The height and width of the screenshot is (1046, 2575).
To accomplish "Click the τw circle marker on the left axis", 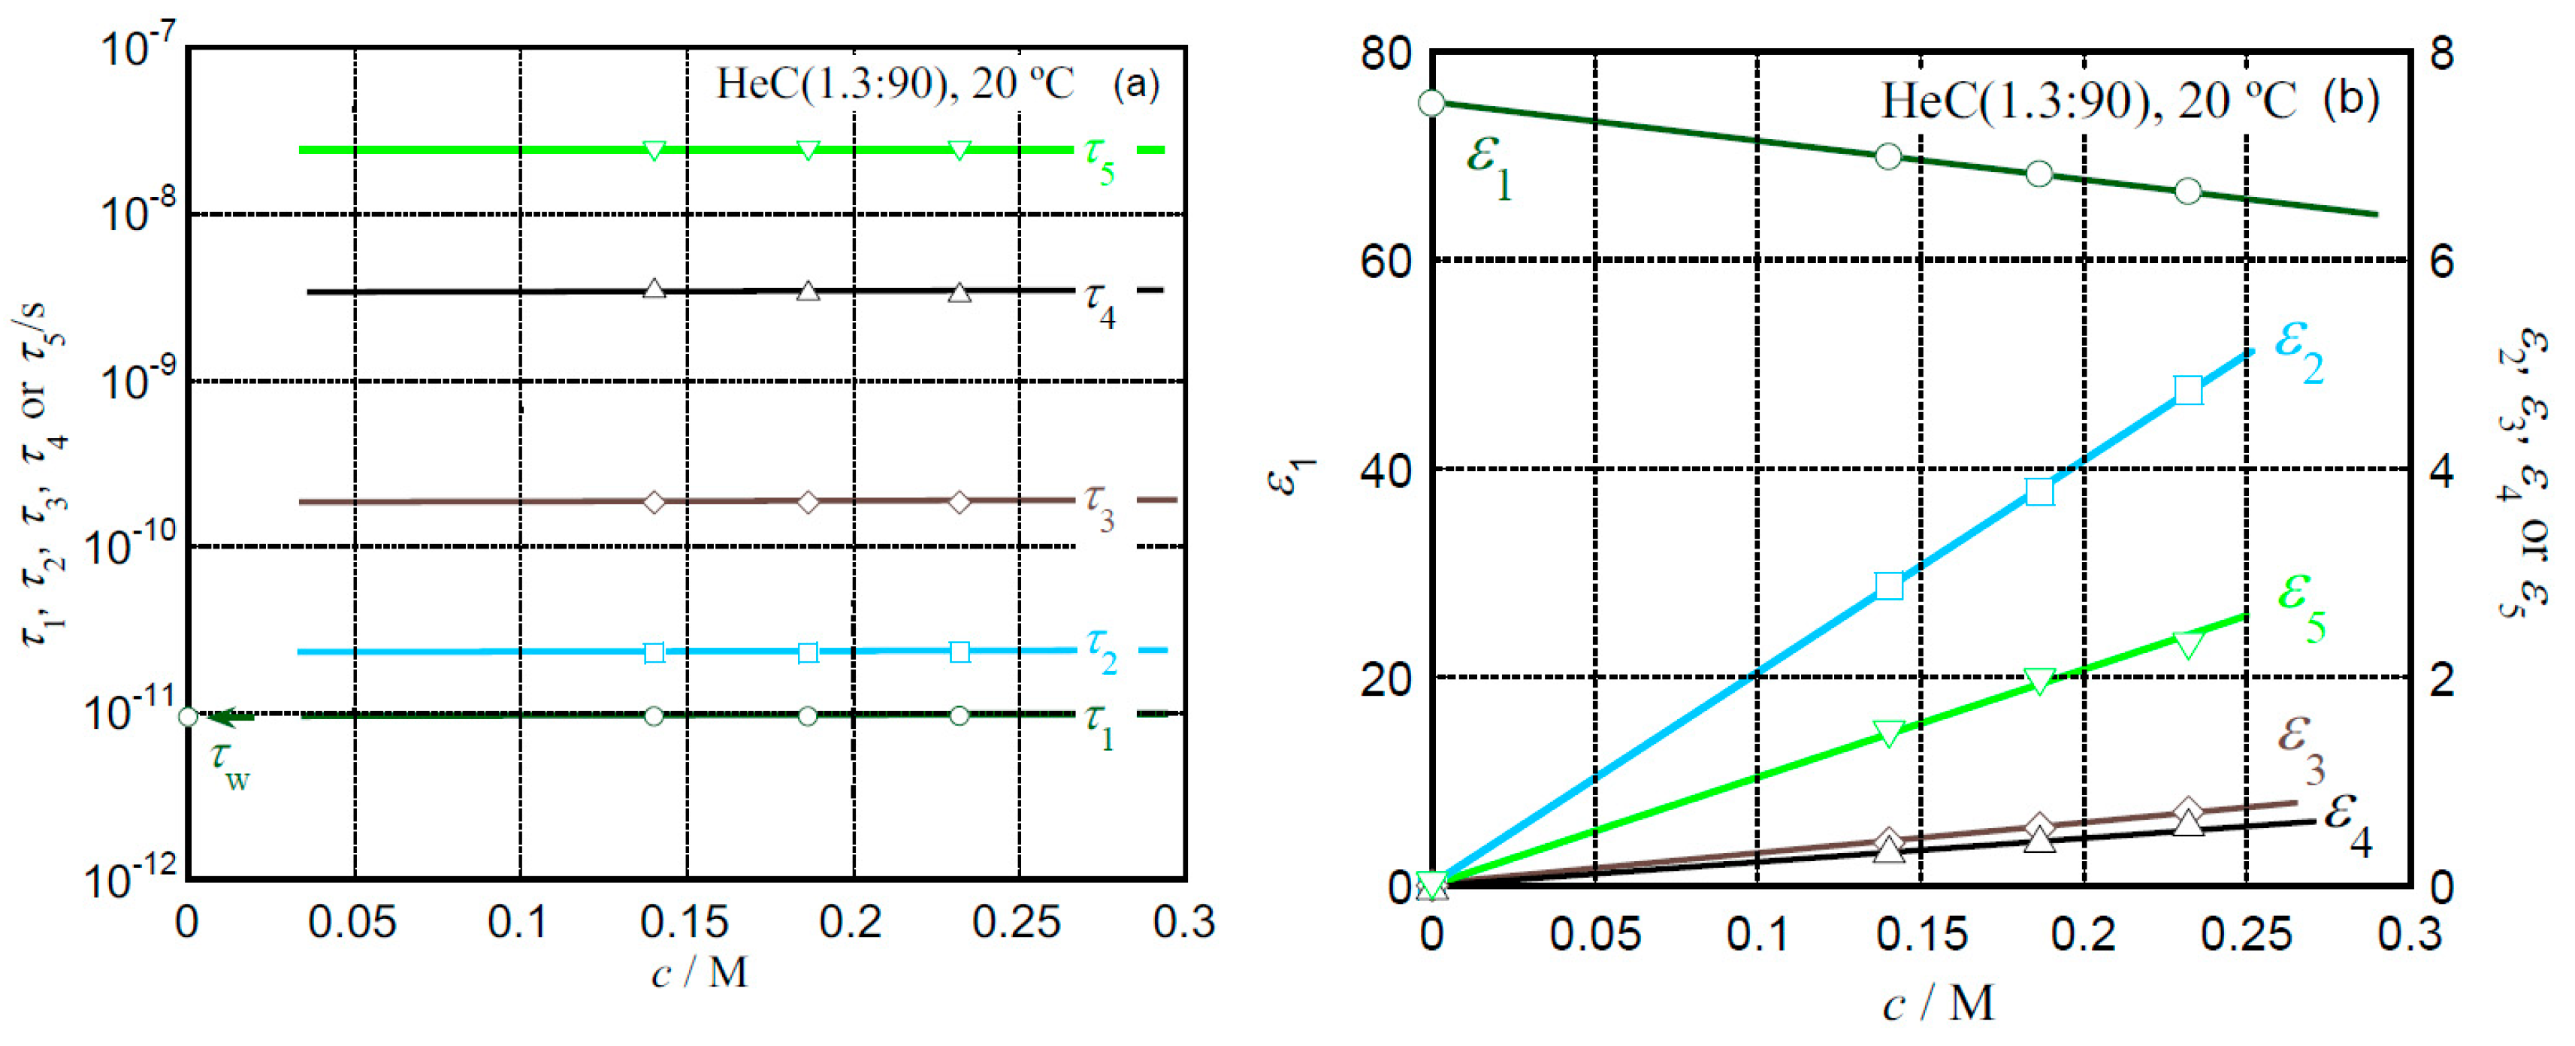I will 188,717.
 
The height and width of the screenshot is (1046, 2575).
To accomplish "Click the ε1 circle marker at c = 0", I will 1431,103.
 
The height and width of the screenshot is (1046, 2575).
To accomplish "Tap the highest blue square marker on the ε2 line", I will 2188,390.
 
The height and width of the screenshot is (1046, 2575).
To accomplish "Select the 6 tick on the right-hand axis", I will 2441,262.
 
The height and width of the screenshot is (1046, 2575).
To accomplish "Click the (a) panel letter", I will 1135,84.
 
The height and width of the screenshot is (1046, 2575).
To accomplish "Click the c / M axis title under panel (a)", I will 699,972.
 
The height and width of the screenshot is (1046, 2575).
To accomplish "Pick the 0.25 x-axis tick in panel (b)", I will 2245,934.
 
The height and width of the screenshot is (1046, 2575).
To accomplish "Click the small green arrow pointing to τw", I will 235,717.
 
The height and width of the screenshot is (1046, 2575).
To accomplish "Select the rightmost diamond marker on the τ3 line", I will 959,502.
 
